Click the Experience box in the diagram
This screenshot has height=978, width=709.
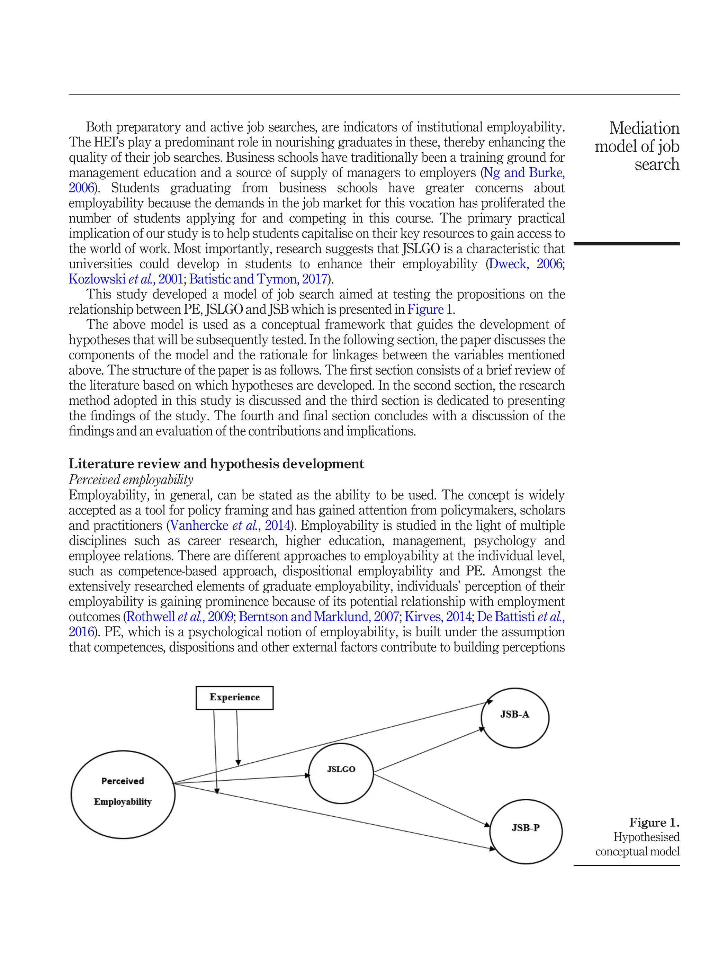234,697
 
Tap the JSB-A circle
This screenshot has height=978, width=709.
514,718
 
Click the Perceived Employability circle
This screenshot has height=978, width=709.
123,794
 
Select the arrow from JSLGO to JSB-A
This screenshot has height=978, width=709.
429,750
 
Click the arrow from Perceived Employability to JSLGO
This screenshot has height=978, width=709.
242,779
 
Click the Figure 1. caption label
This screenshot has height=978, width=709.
654,822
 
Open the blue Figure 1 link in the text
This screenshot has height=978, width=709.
430,309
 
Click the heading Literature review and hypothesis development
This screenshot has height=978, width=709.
216,464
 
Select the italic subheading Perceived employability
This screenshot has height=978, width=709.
131,479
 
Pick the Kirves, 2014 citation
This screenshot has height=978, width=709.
438,617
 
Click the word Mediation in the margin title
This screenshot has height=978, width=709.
644,128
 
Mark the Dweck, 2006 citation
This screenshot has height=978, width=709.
525,264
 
